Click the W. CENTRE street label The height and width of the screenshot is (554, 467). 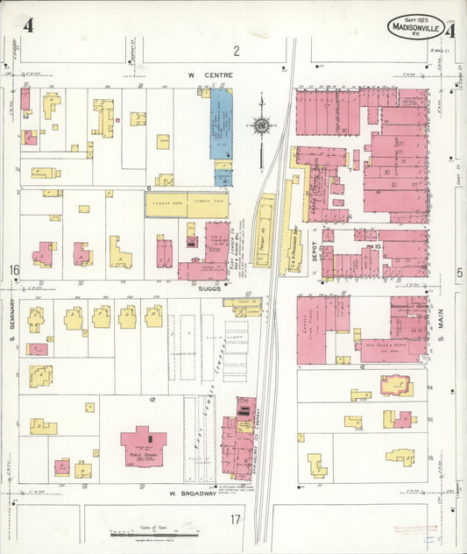coord(209,75)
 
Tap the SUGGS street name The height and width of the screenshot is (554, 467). coord(209,286)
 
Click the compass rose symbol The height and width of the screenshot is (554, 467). coord(260,126)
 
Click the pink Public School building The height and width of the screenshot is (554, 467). coord(143,445)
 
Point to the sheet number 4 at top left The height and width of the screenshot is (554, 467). coord(29,25)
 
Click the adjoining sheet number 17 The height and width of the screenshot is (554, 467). coord(235,520)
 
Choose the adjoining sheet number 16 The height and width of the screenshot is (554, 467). coord(14,269)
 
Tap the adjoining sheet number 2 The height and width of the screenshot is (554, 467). coord(236,51)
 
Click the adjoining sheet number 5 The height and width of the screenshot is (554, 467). coord(458,273)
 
